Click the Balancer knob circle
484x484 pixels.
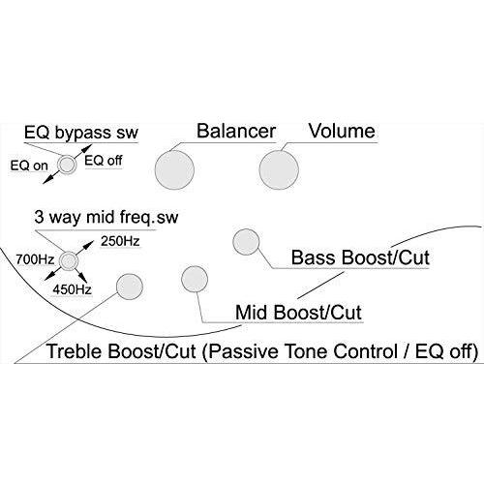point(174,169)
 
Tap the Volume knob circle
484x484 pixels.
point(279,169)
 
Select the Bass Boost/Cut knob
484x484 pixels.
point(246,242)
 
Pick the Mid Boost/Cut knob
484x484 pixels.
point(195,279)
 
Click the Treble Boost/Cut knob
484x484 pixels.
point(130,287)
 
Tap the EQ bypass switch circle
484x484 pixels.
point(67,165)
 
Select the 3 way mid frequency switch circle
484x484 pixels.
point(68,260)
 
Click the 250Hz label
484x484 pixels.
point(120,241)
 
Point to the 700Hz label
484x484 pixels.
point(35,259)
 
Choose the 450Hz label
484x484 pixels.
point(73,289)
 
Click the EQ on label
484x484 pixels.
point(29,166)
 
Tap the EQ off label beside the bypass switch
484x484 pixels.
point(104,161)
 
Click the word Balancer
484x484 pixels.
point(236,131)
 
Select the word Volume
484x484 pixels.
point(342,131)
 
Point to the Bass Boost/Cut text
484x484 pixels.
point(360,257)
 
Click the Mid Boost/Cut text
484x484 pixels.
point(298,313)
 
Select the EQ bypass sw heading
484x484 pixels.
point(81,133)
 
